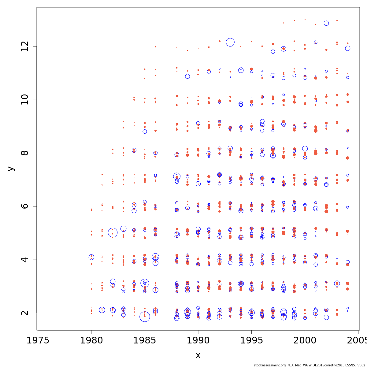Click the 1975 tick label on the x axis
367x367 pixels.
pyautogui.click(x=38, y=341)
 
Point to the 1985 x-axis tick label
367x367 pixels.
pyautogui.click(x=145, y=341)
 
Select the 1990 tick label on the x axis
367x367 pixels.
pyautogui.click(x=198, y=341)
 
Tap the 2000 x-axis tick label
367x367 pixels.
pyautogui.click(x=305, y=341)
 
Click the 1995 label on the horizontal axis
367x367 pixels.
pyautogui.click(x=251, y=341)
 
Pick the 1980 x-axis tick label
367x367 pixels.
pyautogui.click(x=91, y=341)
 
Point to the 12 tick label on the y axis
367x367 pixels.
pyautogui.click(x=25, y=46)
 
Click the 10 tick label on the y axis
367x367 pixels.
pyautogui.click(x=25, y=100)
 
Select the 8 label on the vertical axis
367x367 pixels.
pyautogui.click(x=25, y=153)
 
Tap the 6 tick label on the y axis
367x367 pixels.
pyautogui.click(x=25, y=206)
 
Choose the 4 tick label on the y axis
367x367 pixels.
pyautogui.click(x=25, y=259)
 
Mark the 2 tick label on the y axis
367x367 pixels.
pyautogui.click(x=25, y=313)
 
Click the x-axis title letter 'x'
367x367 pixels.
pyautogui.click(x=198, y=355)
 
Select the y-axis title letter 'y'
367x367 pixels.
pyautogui.click(x=11, y=169)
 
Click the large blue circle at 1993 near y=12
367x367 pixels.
pyautogui.click(x=230, y=42)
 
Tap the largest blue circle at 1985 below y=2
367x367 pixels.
pyautogui.click(x=145, y=317)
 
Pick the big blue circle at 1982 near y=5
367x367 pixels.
pyautogui.click(x=113, y=233)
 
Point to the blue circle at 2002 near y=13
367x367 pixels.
pyautogui.click(x=326, y=23)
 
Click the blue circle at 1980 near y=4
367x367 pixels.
pyautogui.click(x=91, y=257)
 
